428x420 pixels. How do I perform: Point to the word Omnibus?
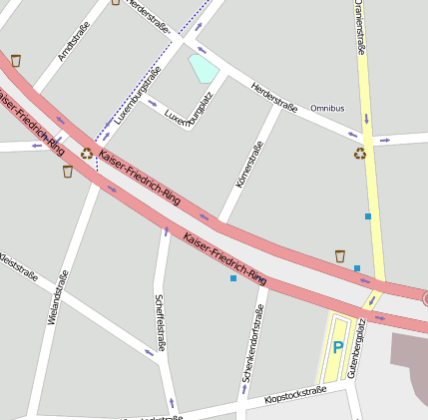point(327,108)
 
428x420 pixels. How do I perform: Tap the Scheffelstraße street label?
point(159,321)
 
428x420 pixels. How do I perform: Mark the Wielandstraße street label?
point(59,298)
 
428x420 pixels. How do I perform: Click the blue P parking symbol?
point(338,347)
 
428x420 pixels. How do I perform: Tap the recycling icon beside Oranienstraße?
point(359,153)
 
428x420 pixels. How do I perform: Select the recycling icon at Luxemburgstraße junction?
point(87,153)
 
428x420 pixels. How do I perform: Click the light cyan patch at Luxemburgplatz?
point(204,69)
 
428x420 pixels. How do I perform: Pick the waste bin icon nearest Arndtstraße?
point(15,61)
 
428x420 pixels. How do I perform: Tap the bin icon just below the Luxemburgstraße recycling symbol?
point(68,172)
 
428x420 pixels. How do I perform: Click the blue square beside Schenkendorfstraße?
point(233,278)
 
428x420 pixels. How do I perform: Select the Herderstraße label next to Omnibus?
point(274,98)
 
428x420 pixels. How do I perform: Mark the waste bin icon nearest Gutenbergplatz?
point(339,256)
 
